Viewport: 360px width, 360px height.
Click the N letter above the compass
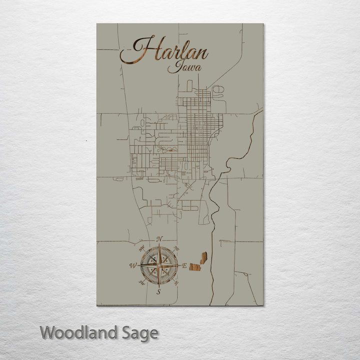point(159,239)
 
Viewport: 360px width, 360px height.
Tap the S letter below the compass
point(158,292)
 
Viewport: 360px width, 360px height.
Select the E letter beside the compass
point(184,266)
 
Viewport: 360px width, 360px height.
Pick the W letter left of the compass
point(133,265)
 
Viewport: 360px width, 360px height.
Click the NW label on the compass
point(141,248)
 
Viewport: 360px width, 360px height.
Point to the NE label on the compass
point(176,248)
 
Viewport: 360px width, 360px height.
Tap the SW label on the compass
point(141,283)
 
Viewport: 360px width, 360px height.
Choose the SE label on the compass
point(176,283)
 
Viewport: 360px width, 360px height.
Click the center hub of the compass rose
point(158,265)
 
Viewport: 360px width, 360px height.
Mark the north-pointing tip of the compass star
point(158,245)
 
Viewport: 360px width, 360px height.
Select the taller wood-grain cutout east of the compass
point(203,258)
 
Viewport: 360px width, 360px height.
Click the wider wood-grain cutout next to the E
point(194,267)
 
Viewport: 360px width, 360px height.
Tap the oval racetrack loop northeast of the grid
point(218,90)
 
